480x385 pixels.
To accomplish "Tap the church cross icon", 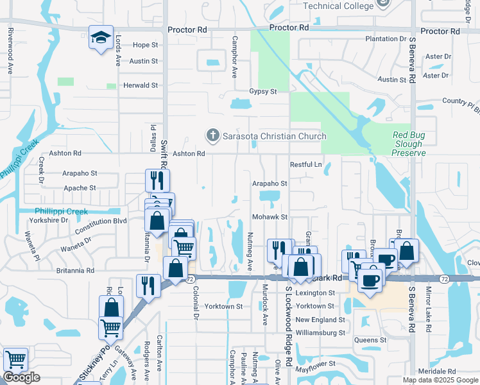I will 212,135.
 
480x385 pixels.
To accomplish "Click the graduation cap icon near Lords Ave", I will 101,37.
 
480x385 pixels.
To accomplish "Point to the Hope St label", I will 145,45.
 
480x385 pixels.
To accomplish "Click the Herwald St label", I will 141,85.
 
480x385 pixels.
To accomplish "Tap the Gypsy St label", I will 262,91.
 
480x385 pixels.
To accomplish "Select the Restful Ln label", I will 305,164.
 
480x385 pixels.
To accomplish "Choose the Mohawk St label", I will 270,217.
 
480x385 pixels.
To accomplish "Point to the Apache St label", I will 80,188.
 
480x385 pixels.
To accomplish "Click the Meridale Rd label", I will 436,372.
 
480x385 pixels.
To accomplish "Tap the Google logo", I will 21,377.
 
